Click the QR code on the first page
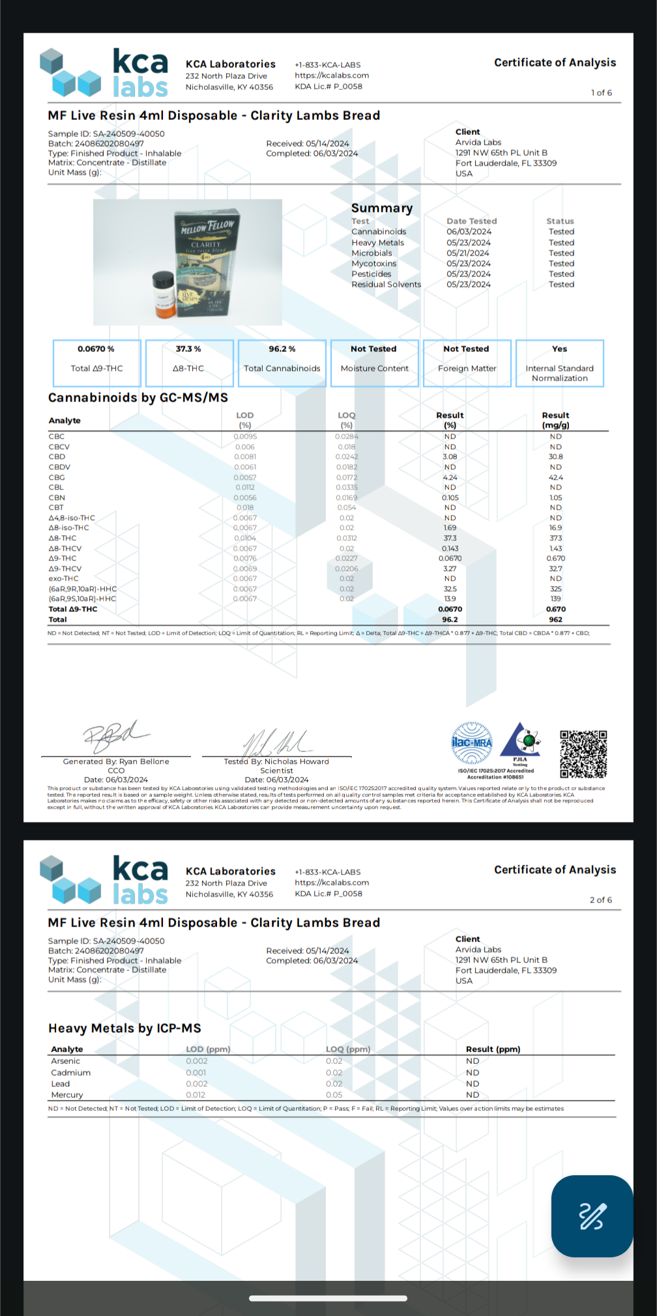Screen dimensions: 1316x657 [x=583, y=753]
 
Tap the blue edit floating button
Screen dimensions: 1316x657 [x=592, y=1216]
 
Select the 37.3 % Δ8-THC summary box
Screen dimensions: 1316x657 [x=189, y=363]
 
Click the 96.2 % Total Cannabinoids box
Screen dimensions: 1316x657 [x=282, y=363]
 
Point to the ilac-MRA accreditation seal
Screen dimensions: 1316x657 [x=473, y=743]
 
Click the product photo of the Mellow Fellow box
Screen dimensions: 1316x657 [x=188, y=262]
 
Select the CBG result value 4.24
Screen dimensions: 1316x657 [x=450, y=477]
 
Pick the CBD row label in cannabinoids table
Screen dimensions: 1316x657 [x=57, y=457]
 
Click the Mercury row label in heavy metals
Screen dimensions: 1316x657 [x=67, y=1095]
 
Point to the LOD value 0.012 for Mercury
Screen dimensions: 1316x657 [x=196, y=1095]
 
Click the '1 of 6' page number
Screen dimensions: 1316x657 [x=601, y=93]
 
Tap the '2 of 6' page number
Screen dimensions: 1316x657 [x=600, y=900]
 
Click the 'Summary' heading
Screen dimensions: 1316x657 [x=382, y=208]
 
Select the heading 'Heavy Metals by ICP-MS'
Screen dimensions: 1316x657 [x=124, y=1028]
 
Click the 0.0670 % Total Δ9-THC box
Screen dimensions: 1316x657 [x=96, y=363]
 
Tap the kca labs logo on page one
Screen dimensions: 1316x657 [x=104, y=73]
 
